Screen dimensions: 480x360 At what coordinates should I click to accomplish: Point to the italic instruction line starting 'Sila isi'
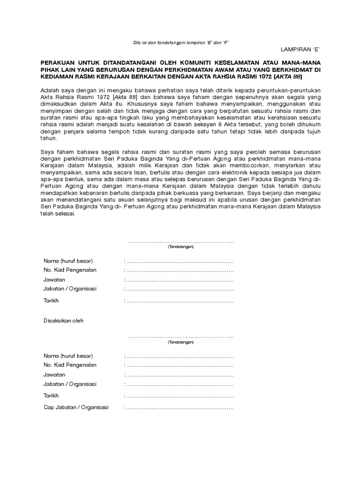[x=181, y=42]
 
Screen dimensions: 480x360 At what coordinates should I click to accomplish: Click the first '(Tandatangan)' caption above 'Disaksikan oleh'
[x=180, y=246]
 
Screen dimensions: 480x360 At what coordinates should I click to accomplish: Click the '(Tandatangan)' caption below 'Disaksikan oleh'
[x=180, y=342]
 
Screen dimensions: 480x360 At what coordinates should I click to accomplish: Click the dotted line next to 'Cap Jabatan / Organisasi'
[x=180, y=408]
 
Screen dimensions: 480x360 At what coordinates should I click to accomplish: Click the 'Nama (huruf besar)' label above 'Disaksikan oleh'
[x=68, y=261]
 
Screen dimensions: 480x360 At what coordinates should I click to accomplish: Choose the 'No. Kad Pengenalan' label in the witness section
[x=70, y=365]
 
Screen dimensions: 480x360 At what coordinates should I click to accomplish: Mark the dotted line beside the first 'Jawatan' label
[x=180, y=280]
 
